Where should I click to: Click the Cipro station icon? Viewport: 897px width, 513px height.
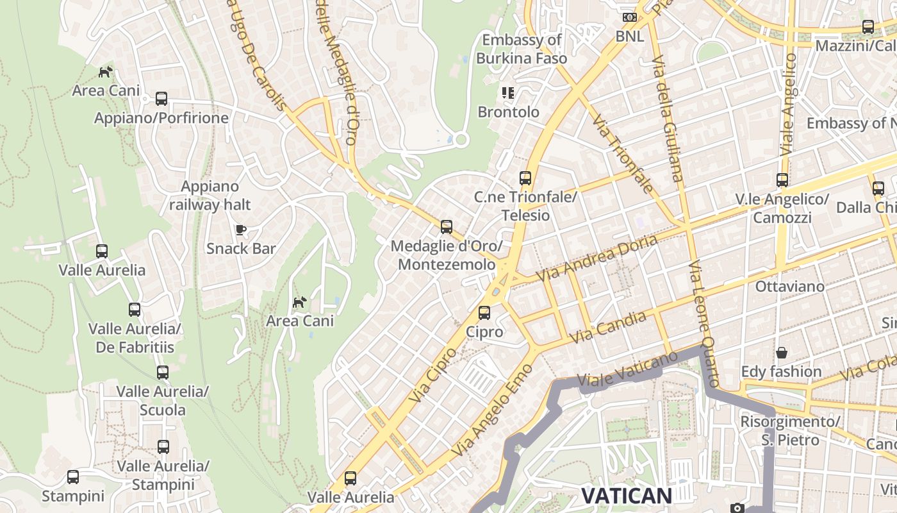click(x=484, y=313)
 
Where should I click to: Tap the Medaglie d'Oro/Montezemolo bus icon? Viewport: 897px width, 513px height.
click(x=447, y=227)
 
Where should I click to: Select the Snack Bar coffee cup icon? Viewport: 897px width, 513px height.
click(x=241, y=230)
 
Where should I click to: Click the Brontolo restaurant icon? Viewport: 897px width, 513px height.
click(x=508, y=93)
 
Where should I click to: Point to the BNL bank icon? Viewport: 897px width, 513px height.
click(x=629, y=17)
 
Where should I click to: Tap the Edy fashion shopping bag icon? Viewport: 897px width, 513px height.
click(x=781, y=353)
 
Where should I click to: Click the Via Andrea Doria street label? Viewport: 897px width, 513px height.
click(x=597, y=258)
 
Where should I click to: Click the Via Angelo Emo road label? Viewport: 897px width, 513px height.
click(x=492, y=410)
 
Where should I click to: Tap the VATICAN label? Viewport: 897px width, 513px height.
click(x=626, y=495)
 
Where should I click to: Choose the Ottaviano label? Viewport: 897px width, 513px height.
click(x=789, y=286)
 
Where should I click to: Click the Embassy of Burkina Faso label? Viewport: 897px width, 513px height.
click(x=522, y=49)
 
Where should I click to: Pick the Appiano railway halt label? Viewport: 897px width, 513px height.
click(x=210, y=196)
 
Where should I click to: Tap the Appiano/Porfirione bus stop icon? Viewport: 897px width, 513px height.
click(x=161, y=99)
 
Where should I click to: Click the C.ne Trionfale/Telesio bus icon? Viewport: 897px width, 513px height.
click(x=525, y=178)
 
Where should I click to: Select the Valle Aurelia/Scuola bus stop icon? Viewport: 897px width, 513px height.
click(x=163, y=373)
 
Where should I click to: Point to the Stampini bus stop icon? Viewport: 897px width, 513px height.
click(x=73, y=477)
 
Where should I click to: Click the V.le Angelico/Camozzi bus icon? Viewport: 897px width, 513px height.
click(x=782, y=180)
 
